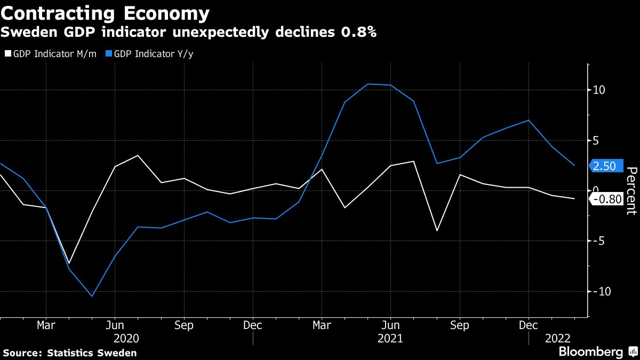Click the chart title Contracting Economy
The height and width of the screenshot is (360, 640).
[x=106, y=12]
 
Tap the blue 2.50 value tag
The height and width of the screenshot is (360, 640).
[x=604, y=166]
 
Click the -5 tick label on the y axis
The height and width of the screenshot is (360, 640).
[x=599, y=241]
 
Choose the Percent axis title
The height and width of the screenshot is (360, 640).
[x=631, y=190]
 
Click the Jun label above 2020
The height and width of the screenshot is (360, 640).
[x=115, y=325]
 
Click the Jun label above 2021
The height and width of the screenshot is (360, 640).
[x=391, y=325]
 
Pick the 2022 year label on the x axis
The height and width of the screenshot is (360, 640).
[x=557, y=339]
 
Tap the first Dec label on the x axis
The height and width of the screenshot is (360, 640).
[x=253, y=325]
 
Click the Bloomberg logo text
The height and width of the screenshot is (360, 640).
[x=590, y=351]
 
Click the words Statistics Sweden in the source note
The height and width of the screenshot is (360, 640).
[x=92, y=353]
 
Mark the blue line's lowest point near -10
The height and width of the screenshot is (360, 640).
[x=92, y=296]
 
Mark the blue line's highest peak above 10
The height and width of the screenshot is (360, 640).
[x=367, y=84]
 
